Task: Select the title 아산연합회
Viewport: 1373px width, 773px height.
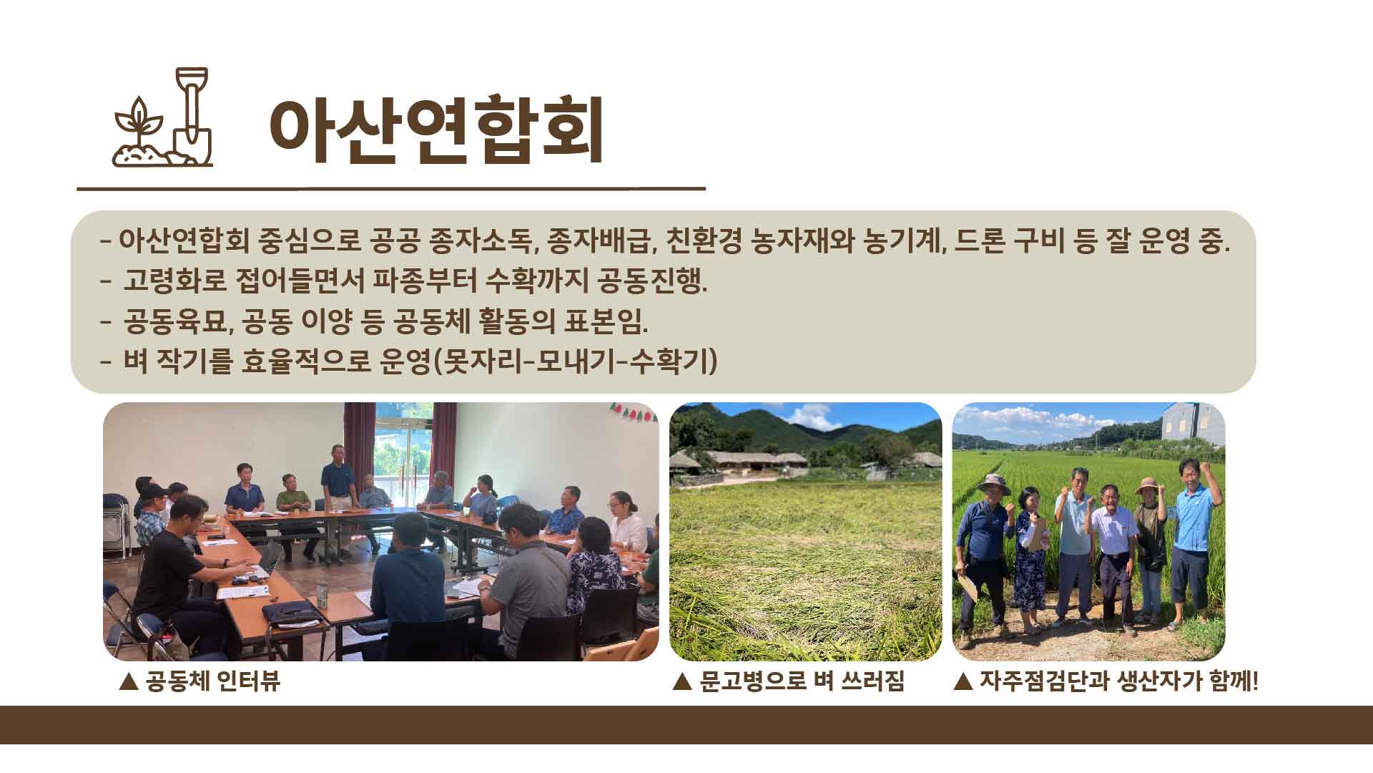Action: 435,130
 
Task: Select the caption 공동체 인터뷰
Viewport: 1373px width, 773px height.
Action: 212,681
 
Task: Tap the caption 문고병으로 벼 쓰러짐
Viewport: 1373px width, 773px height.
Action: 801,681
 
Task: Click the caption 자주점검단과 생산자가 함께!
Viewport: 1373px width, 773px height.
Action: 1118,681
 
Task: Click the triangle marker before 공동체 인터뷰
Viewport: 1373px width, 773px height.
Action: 129,681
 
